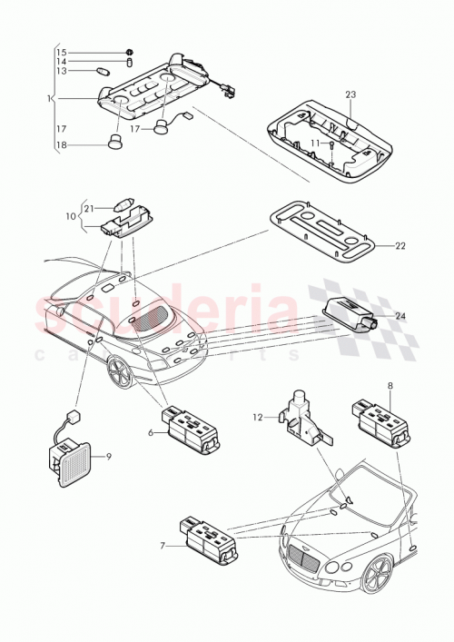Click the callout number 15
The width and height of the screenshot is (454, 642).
[x=62, y=52]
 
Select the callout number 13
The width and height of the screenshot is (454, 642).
[x=62, y=70]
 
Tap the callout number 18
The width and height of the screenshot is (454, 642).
[x=62, y=144]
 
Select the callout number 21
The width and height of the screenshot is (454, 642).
[x=89, y=208]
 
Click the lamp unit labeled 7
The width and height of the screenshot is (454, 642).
[x=210, y=538]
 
